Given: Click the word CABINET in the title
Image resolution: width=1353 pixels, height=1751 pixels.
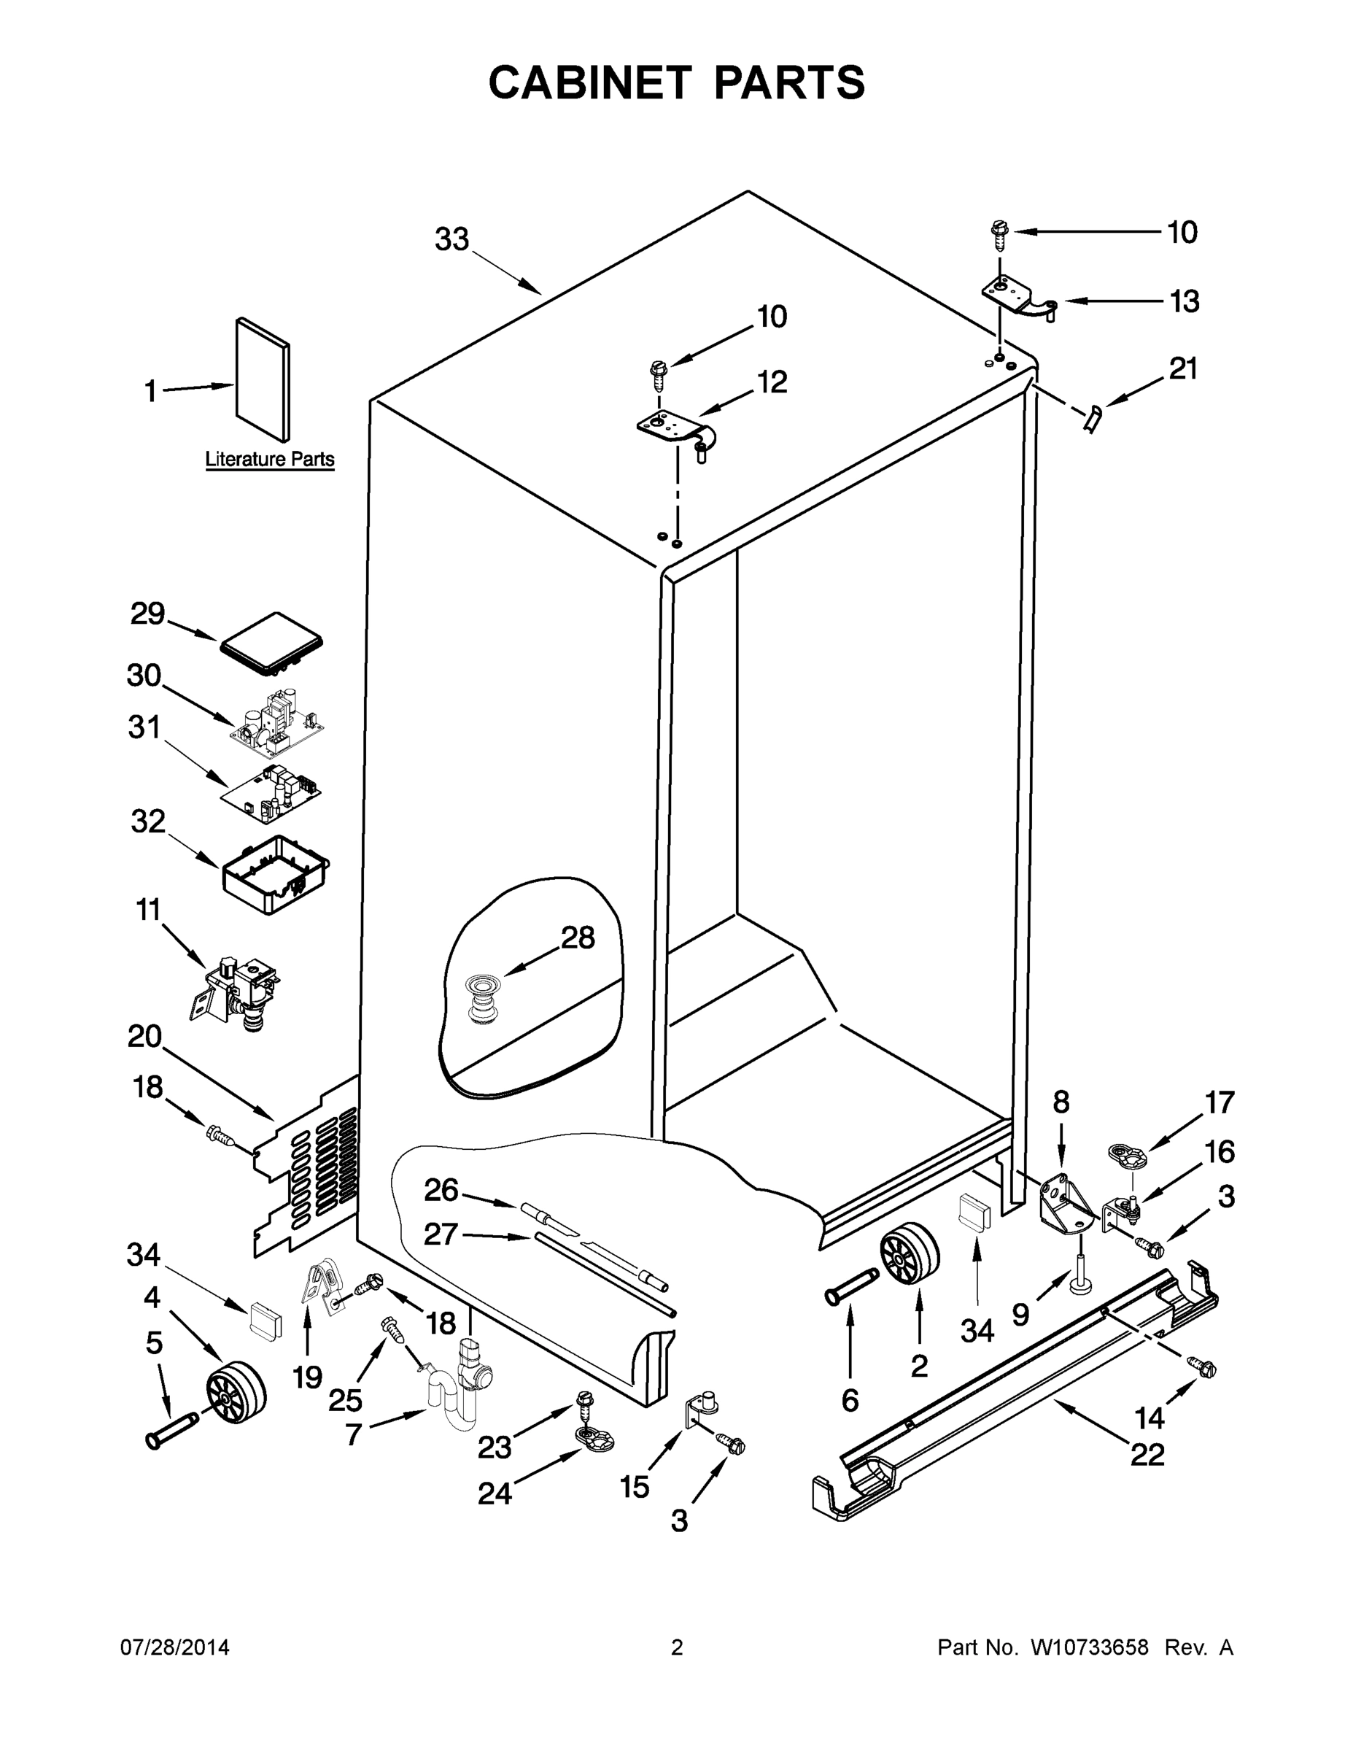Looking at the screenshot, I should [589, 82].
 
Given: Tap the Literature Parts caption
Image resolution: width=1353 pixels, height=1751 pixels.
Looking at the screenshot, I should [269, 460].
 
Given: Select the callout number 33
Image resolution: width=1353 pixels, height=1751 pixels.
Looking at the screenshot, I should [451, 239].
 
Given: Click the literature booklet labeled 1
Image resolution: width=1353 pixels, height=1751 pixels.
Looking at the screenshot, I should [263, 379].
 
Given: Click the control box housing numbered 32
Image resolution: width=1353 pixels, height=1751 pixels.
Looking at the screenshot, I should [276, 874].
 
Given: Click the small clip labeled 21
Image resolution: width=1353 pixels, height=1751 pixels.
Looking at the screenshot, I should [1093, 418].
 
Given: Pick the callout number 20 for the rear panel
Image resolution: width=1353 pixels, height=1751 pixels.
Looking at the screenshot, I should [144, 1037].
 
